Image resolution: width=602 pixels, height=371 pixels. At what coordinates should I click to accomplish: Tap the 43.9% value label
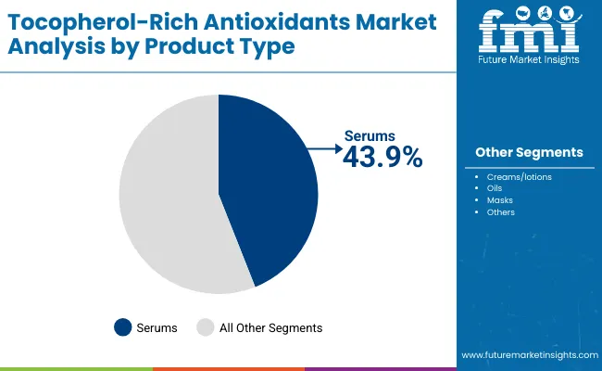[x=383, y=158]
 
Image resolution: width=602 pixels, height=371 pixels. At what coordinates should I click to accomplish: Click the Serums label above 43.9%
[x=370, y=136]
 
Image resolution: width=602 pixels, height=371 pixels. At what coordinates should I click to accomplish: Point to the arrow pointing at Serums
[x=323, y=147]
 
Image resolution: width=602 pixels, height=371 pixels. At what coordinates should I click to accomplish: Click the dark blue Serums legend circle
[x=122, y=327]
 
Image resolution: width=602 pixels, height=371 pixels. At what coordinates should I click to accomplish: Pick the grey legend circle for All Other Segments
[x=206, y=327]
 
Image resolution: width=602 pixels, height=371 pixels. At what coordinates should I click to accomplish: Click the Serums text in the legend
[x=157, y=327]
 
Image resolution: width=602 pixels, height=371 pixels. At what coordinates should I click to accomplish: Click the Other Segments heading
[x=529, y=152]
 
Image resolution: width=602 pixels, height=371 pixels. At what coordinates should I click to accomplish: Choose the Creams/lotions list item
[x=519, y=176]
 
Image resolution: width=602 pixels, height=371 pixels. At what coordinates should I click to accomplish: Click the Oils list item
[x=495, y=188]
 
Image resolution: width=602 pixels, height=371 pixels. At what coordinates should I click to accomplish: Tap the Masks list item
[x=499, y=200]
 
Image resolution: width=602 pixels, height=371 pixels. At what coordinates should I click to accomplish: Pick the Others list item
[x=500, y=212]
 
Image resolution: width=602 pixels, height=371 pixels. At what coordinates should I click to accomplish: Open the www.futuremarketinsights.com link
[x=528, y=355]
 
